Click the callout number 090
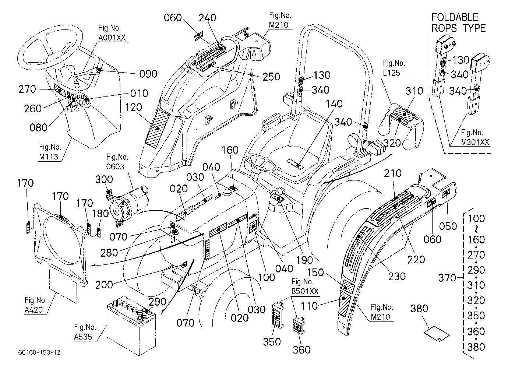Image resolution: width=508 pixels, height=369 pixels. click(x=148, y=74)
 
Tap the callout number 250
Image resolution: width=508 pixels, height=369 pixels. click(x=271, y=77)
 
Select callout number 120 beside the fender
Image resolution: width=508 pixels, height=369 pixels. click(x=134, y=107)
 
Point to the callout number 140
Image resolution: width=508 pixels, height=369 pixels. click(x=334, y=104)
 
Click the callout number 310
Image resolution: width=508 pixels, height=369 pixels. click(x=414, y=91)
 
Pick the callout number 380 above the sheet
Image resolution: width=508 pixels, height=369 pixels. click(x=419, y=308)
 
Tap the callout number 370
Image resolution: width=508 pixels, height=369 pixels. click(x=447, y=278)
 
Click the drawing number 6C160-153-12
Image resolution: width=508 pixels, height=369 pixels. click(x=39, y=352)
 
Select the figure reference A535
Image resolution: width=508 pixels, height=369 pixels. click(x=83, y=337)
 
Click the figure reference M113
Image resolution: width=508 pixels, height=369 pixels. click(x=48, y=157)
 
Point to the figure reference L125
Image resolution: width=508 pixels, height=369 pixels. click(x=391, y=73)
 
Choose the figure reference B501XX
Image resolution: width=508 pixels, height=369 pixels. click(x=305, y=291)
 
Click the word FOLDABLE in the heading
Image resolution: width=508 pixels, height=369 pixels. click(x=455, y=17)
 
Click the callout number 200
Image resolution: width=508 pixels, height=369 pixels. click(x=104, y=285)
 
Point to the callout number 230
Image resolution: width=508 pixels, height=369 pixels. click(x=397, y=277)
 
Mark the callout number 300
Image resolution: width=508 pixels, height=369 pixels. click(x=104, y=179)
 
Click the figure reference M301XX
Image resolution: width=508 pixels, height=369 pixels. click(x=475, y=142)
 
